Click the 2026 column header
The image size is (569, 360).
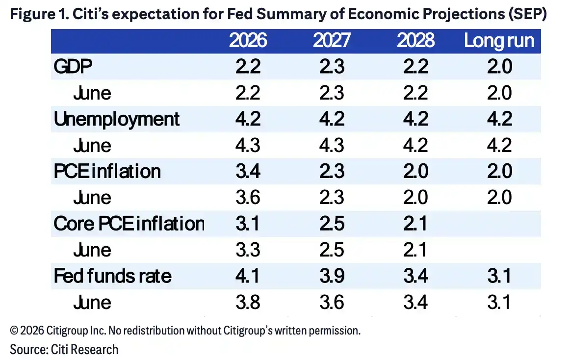pyautogui.click(x=248, y=40)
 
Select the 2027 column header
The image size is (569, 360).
pyautogui.click(x=332, y=40)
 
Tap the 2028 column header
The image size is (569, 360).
pyautogui.click(x=415, y=40)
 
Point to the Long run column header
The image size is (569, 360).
pyautogui.click(x=499, y=41)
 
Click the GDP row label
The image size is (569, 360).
pyautogui.click(x=73, y=66)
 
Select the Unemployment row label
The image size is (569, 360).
pyautogui.click(x=116, y=119)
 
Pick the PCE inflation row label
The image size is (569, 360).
pyautogui.click(x=107, y=171)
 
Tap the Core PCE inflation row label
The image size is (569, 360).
pyautogui.click(x=129, y=224)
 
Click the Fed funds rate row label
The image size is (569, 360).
pyautogui.click(x=112, y=276)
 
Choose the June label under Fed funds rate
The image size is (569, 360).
pyautogui.click(x=92, y=302)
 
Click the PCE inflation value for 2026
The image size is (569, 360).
pyautogui.click(x=248, y=171)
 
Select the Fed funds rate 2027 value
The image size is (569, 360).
pyautogui.click(x=332, y=276)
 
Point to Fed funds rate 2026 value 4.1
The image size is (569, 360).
pyautogui.click(x=248, y=276)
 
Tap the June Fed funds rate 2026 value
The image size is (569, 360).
pyautogui.click(x=248, y=302)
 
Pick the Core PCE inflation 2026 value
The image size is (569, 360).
pyautogui.click(x=248, y=224)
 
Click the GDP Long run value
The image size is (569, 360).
pyautogui.click(x=499, y=66)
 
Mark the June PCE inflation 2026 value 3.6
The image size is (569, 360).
pyautogui.click(x=248, y=198)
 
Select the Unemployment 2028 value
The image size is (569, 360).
pyautogui.click(x=415, y=119)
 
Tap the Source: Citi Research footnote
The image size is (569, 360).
pyautogui.click(x=64, y=350)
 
